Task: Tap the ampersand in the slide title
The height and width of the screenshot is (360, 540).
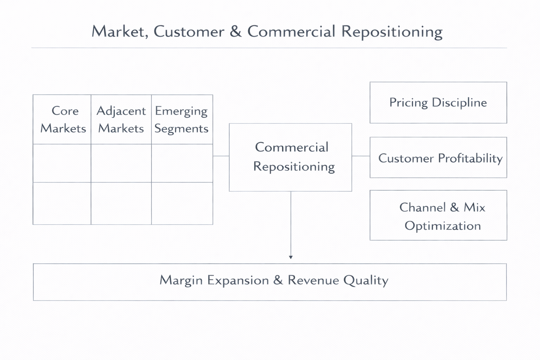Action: point(236,32)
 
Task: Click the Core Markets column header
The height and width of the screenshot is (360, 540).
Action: point(62,120)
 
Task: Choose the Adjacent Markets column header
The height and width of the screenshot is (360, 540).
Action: point(121,120)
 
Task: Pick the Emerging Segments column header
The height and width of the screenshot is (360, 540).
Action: point(182,120)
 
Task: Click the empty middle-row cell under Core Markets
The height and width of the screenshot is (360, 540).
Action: point(62,163)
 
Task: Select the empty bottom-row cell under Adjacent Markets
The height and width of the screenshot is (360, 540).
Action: point(121,203)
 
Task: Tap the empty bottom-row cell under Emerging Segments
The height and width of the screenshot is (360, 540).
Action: point(182,203)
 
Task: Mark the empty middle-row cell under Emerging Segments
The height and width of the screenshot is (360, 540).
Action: point(182,163)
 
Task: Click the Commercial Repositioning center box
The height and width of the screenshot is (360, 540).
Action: point(290,157)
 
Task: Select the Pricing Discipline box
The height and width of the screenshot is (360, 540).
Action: point(438,103)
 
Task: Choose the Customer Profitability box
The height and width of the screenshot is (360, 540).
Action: point(438,158)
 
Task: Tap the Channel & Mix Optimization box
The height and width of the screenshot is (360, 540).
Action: point(438,216)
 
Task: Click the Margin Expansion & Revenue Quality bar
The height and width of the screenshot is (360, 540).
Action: point(270,282)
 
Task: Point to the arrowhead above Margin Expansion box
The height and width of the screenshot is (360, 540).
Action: point(291,257)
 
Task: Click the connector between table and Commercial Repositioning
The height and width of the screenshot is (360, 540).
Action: point(221,156)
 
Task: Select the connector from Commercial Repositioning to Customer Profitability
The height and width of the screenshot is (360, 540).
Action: point(361,156)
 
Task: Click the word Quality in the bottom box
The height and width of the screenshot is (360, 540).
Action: point(366,281)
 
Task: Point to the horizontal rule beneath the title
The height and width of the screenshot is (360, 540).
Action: point(269,48)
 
